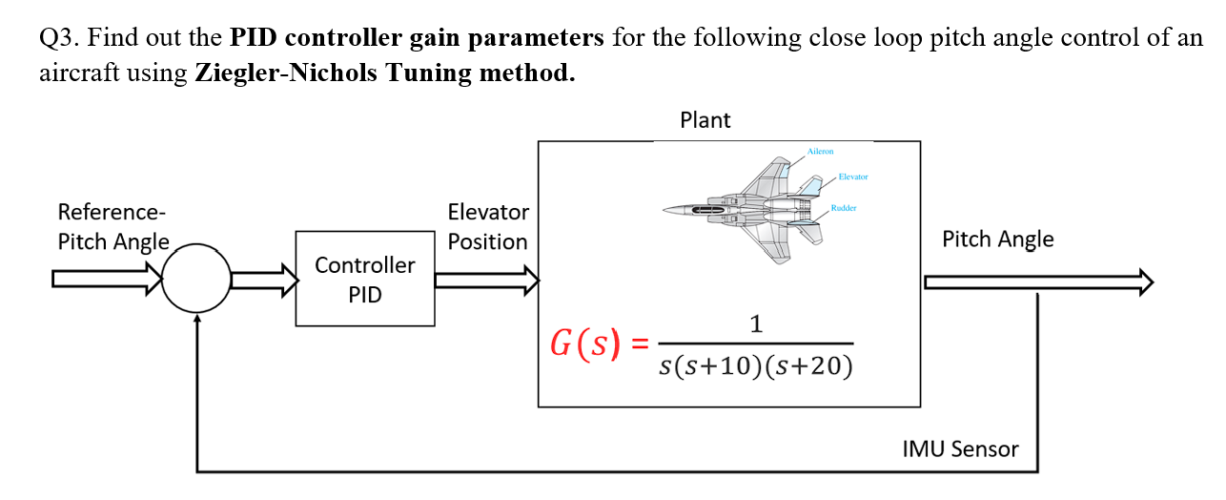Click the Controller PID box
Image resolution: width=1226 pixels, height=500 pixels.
coord(365,279)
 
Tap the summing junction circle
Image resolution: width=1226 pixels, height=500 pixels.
coord(196,279)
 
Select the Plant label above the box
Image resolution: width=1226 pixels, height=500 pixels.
coord(705,120)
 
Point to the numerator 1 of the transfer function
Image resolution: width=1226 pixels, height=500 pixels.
coord(756,324)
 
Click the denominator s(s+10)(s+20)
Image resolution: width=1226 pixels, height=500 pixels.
coord(756,365)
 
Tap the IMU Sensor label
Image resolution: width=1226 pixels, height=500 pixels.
coord(960,448)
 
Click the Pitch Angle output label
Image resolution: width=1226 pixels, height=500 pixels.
coord(997,239)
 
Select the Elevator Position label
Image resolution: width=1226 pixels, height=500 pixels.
coord(487,226)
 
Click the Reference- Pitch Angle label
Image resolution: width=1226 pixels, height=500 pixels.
coord(113,226)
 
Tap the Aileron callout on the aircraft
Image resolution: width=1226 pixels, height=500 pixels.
coord(820,151)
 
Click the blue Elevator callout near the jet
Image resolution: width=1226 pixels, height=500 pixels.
coord(853,177)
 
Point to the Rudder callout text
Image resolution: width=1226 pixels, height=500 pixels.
coord(844,207)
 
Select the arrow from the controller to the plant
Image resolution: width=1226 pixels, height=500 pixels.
coord(487,280)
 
